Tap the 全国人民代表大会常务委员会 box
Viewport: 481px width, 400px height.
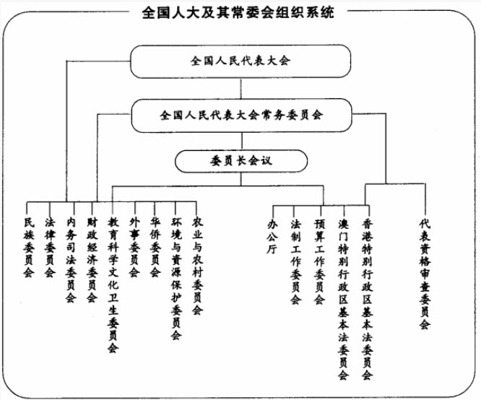(x=240, y=115)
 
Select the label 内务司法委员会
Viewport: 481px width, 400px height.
(x=70, y=258)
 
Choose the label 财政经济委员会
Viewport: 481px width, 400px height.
(x=92, y=258)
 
